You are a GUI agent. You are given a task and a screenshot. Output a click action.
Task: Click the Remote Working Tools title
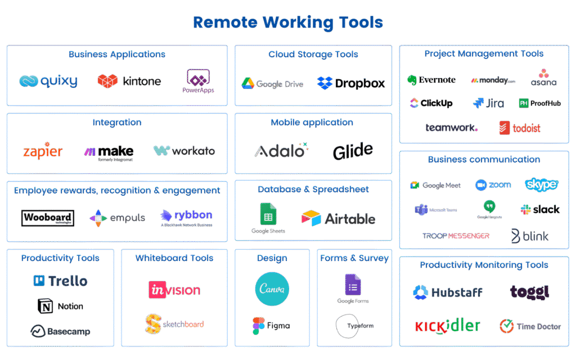click(x=288, y=22)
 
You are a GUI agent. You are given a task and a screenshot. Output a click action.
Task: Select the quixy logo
click(x=48, y=82)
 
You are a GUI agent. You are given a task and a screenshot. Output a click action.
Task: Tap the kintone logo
click(x=129, y=82)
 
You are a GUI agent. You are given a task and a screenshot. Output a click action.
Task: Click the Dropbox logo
click(x=351, y=83)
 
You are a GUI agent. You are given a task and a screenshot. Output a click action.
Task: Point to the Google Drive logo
click(x=272, y=84)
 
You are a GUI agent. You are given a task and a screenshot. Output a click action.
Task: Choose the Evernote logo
click(x=431, y=80)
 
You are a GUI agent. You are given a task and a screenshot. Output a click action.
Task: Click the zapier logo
click(x=43, y=151)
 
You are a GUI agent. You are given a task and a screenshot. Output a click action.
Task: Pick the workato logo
click(x=184, y=151)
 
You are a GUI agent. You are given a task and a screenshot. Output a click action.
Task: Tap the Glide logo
click(x=353, y=151)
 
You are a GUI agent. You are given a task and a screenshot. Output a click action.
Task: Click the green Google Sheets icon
click(x=268, y=214)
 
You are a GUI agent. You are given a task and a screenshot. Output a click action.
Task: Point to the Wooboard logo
click(x=48, y=218)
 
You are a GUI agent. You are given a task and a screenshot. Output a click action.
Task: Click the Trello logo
click(x=60, y=281)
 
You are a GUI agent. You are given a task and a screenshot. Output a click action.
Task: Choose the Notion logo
click(x=60, y=306)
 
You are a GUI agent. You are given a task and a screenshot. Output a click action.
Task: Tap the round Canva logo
click(x=272, y=289)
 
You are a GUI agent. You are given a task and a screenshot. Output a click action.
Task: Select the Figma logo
click(x=271, y=326)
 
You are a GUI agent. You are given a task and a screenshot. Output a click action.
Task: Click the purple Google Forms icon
click(x=353, y=285)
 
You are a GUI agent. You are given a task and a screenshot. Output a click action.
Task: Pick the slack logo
click(x=540, y=209)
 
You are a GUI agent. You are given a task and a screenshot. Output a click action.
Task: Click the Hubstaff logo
click(x=448, y=292)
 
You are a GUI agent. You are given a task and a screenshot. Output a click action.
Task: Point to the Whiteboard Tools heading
click(x=174, y=258)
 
